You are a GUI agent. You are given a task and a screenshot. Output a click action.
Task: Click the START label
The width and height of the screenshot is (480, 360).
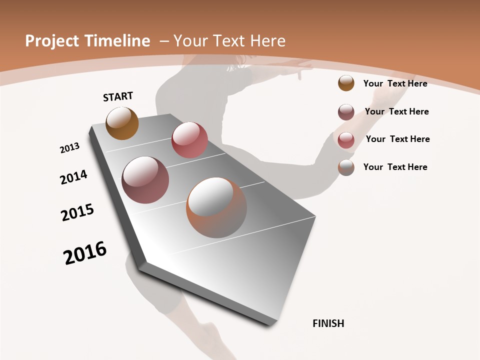point(118,96)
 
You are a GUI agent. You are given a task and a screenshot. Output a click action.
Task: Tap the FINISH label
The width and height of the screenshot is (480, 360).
point(328,323)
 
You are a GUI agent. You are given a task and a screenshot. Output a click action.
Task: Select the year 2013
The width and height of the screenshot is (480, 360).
point(69,148)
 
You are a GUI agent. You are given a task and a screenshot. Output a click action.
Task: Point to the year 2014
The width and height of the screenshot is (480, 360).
point(73,177)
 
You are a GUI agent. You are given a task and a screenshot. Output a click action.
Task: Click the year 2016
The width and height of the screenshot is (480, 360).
point(85,253)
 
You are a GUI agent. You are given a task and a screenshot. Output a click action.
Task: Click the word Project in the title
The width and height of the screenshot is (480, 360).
point(52,41)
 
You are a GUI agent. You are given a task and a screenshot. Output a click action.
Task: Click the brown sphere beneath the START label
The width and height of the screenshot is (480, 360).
point(122,123)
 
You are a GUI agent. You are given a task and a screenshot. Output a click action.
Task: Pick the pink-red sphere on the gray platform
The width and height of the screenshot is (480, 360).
point(189,140)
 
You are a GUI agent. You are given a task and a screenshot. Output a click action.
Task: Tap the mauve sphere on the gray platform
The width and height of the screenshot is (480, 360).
point(145,180)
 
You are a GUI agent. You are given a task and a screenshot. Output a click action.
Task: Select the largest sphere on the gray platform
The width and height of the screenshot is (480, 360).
point(216,207)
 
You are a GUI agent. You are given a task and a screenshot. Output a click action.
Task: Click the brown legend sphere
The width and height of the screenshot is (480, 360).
point(346,83)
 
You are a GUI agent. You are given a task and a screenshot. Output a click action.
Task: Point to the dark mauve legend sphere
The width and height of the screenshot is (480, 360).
point(346,112)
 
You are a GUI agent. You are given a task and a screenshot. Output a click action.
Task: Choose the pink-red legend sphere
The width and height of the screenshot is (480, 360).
point(346,140)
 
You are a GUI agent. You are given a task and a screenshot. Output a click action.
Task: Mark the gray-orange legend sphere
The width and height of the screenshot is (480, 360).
point(346,167)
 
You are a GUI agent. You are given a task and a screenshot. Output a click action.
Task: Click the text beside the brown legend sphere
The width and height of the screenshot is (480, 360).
point(395,83)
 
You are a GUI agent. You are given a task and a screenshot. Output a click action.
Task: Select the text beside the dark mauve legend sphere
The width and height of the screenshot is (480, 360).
point(396,111)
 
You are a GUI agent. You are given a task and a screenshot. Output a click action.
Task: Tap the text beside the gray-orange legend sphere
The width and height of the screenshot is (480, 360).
point(395,167)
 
